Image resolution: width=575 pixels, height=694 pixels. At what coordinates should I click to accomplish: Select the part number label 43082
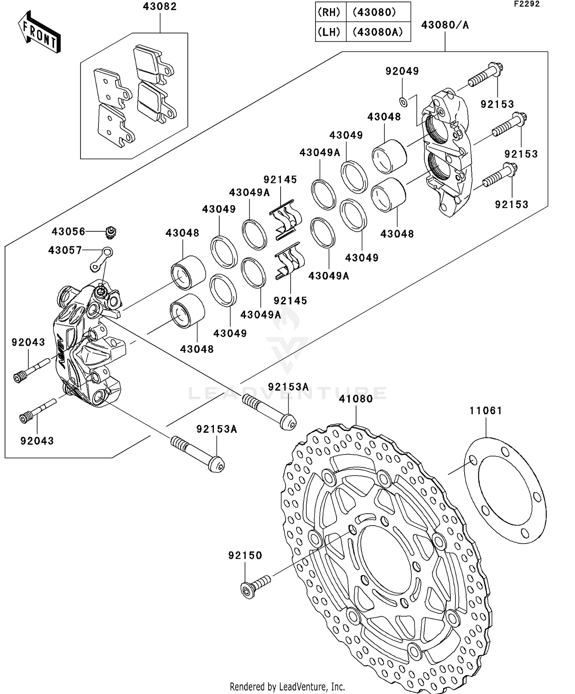(x=160, y=7)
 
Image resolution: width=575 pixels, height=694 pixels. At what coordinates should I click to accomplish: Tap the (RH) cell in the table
(x=329, y=12)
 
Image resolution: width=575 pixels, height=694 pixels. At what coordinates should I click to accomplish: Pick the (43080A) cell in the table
(x=378, y=32)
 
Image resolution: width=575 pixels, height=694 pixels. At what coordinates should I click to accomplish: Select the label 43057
(x=65, y=251)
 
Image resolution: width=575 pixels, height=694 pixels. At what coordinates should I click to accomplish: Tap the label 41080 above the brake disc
(x=356, y=399)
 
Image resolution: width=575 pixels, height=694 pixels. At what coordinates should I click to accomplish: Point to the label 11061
(x=486, y=411)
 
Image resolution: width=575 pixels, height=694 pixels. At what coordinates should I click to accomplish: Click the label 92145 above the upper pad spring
(x=280, y=180)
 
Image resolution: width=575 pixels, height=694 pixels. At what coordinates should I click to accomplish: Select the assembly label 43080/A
(x=445, y=25)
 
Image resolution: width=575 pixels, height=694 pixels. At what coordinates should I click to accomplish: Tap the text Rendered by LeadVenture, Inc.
(x=287, y=686)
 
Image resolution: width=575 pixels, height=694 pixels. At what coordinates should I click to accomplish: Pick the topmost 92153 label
(x=497, y=104)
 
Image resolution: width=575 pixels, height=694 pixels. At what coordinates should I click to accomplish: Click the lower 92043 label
(x=37, y=441)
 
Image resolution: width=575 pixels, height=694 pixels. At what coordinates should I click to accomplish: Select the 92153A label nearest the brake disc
(x=288, y=387)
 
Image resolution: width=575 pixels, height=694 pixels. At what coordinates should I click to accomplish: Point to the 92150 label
(x=245, y=556)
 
